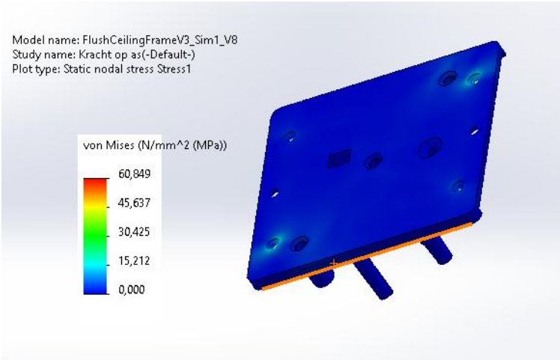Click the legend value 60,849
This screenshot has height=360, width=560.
click(x=135, y=174)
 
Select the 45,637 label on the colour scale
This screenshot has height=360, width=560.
click(x=135, y=203)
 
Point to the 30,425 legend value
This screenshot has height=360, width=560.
click(x=135, y=231)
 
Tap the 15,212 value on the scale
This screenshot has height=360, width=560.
click(x=135, y=260)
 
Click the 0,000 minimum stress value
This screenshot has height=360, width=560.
click(x=133, y=289)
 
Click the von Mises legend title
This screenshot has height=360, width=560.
click(x=154, y=145)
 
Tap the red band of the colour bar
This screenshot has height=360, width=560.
click(x=95, y=180)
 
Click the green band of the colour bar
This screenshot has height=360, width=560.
click(x=95, y=228)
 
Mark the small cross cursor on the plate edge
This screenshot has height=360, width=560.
click(x=332, y=262)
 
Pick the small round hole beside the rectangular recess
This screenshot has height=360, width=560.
click(x=372, y=160)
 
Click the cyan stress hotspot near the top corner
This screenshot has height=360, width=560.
click(x=474, y=78)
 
